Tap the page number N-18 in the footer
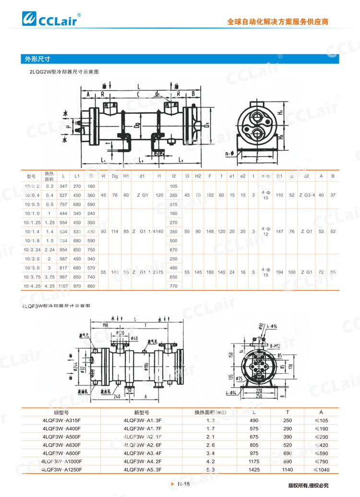coord(184,484)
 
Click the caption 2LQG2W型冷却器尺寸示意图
coord(64,72)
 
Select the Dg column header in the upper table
coord(115,176)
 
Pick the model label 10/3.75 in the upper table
coord(33,277)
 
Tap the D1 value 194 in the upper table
coord(279,272)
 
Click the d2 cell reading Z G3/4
coord(307,195)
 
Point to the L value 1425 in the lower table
coord(253,469)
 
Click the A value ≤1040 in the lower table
coord(321,469)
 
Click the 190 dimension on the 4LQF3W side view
coord(99,325)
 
